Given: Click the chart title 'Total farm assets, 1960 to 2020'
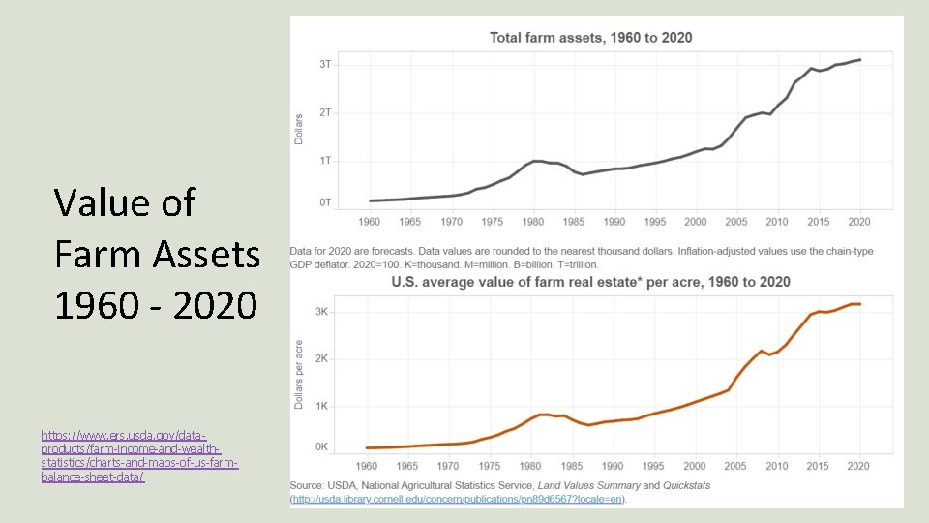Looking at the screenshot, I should point(590,38).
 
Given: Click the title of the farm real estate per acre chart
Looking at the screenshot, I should point(590,282).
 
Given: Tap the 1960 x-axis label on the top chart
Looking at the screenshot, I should point(370,222).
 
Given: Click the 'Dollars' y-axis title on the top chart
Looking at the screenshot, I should point(299,129).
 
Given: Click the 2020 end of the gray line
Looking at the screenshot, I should point(860,60).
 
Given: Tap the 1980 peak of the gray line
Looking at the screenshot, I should point(535,162).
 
